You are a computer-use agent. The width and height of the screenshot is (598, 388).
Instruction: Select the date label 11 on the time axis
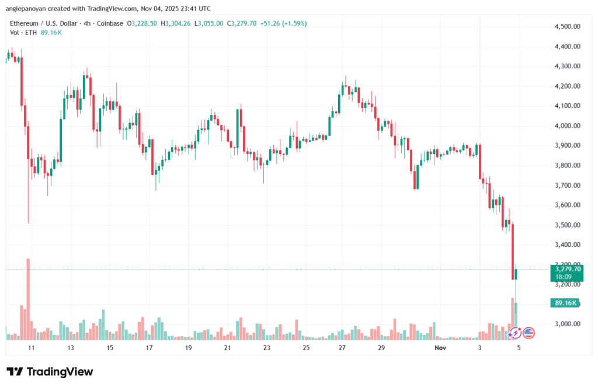click(x=32, y=347)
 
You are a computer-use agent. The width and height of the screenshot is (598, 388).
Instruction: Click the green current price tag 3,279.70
click(x=566, y=269)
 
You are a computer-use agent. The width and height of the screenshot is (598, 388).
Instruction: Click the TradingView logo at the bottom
click(x=50, y=372)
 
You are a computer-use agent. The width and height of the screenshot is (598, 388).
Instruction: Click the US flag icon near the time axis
click(x=529, y=333)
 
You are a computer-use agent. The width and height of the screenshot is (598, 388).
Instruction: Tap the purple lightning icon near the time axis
click(x=515, y=333)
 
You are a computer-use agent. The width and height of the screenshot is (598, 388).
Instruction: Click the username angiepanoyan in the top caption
click(x=28, y=9)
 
